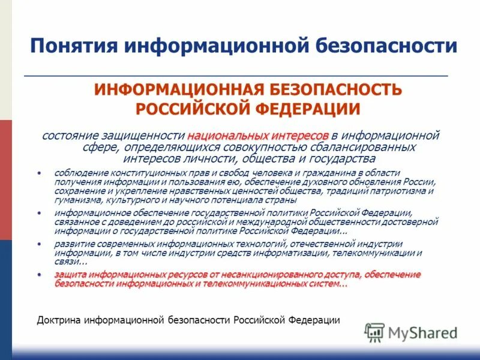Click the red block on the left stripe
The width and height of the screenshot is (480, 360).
click(x=5, y=180)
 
